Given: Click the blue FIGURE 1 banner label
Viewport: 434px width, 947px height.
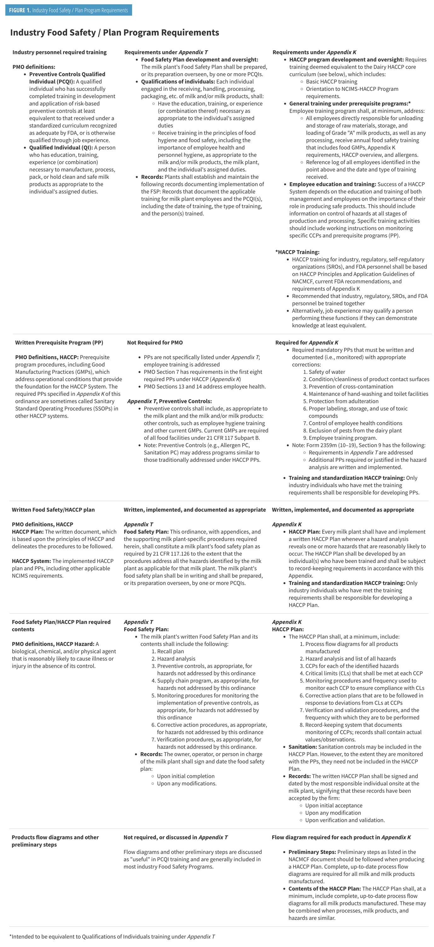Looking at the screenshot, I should [68, 10].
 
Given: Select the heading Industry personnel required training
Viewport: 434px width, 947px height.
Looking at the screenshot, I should [60, 52].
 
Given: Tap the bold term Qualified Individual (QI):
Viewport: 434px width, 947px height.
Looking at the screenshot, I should [61, 147].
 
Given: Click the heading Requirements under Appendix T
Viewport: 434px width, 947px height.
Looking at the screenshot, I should [166, 52].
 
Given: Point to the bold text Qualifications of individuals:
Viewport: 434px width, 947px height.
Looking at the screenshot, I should [178, 82].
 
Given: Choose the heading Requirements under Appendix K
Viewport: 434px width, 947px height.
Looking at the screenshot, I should [314, 52].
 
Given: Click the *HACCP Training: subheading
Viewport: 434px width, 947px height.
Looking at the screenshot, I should [298, 252].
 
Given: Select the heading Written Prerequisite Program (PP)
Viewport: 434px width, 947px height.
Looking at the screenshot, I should [59, 342].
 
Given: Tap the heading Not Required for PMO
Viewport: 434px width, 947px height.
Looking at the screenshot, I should [154, 342].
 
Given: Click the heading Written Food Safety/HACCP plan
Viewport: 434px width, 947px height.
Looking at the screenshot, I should [53, 509].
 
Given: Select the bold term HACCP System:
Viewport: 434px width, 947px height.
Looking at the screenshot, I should [31, 561].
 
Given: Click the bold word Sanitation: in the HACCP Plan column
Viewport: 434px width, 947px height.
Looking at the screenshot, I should [303, 747].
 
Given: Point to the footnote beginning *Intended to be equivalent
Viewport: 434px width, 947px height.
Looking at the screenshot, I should [112, 936].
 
